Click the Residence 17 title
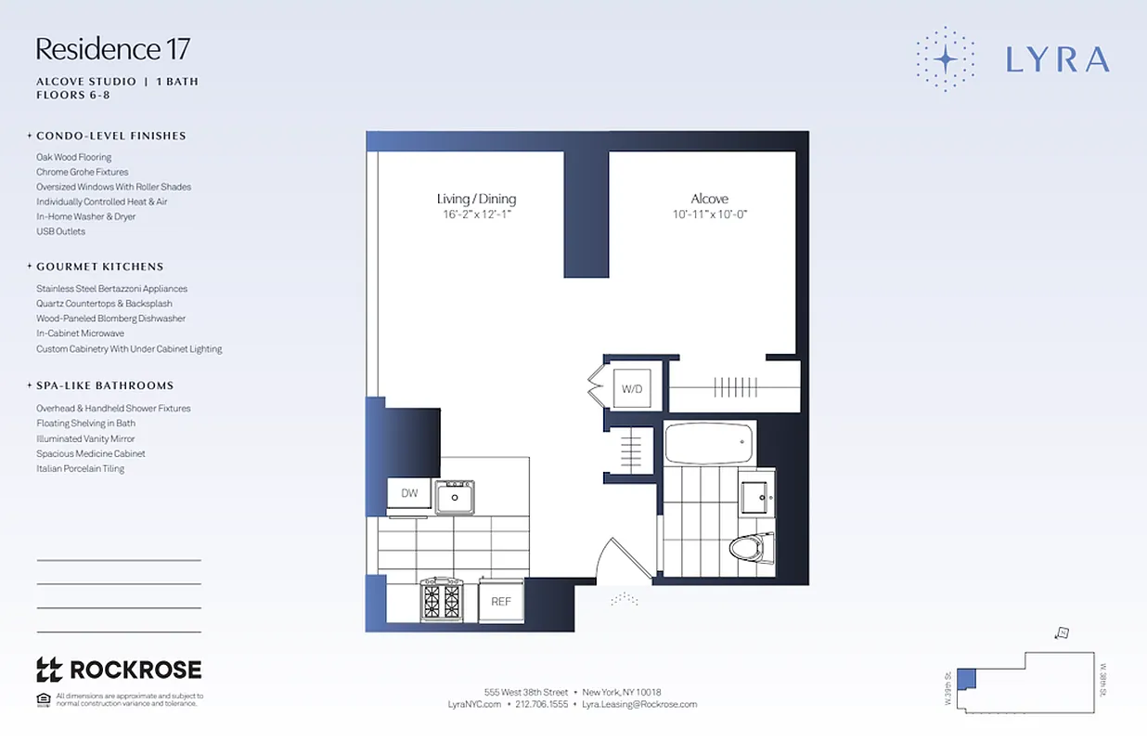[113, 49]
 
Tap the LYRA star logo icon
[945, 59]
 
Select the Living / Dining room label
[476, 199]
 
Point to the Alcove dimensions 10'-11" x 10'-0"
[710, 215]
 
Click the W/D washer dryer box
[632, 388]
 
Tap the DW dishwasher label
[409, 493]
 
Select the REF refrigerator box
[501, 601]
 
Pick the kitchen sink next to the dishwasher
[455, 497]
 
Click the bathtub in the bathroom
[710, 442]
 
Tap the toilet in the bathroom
[750, 547]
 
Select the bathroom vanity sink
[758, 497]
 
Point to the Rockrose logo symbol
[48, 669]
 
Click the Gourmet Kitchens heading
[100, 267]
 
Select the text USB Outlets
[60, 231]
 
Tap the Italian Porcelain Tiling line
[80, 469]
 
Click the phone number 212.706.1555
[541, 704]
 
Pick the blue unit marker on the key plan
[966, 678]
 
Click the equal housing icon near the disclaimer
[43, 698]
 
